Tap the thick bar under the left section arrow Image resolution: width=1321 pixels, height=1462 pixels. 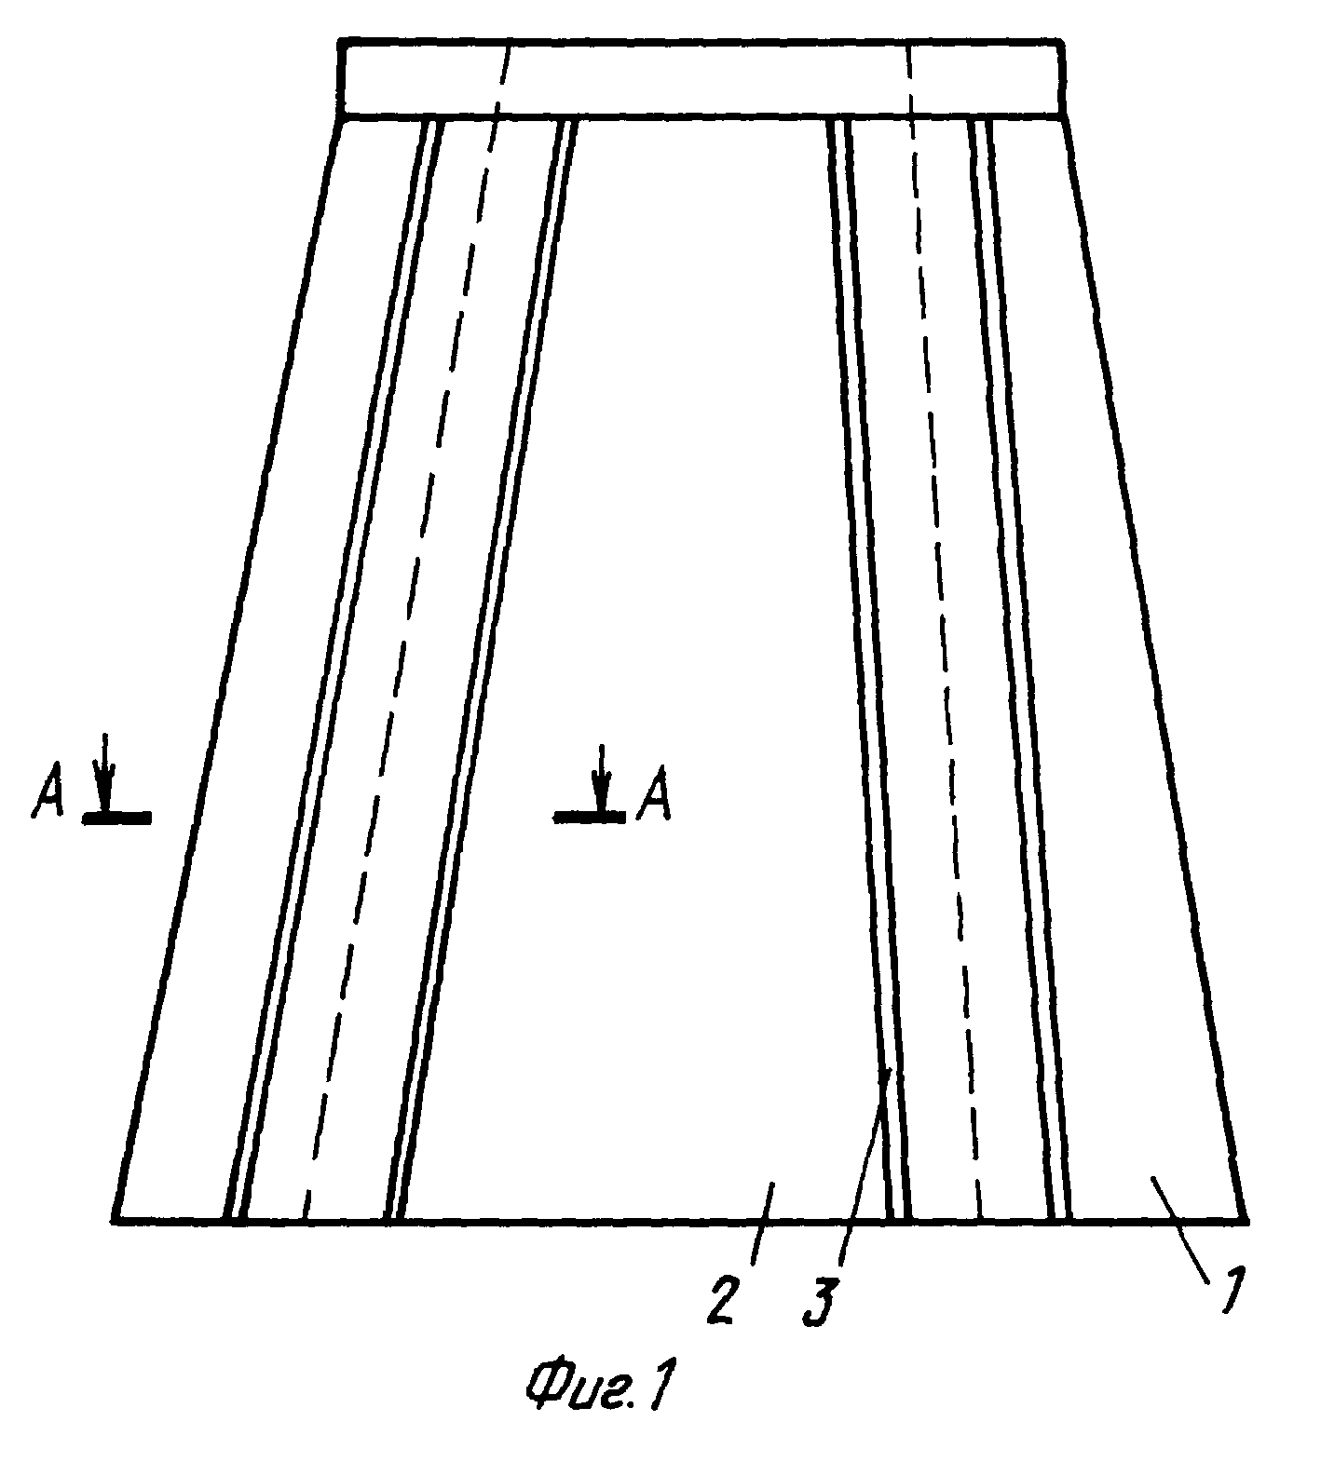[116, 818]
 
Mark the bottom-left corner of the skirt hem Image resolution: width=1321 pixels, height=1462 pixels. [113, 1220]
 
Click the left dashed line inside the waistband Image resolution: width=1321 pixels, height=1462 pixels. [502, 79]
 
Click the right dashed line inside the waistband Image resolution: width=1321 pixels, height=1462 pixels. [910, 79]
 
